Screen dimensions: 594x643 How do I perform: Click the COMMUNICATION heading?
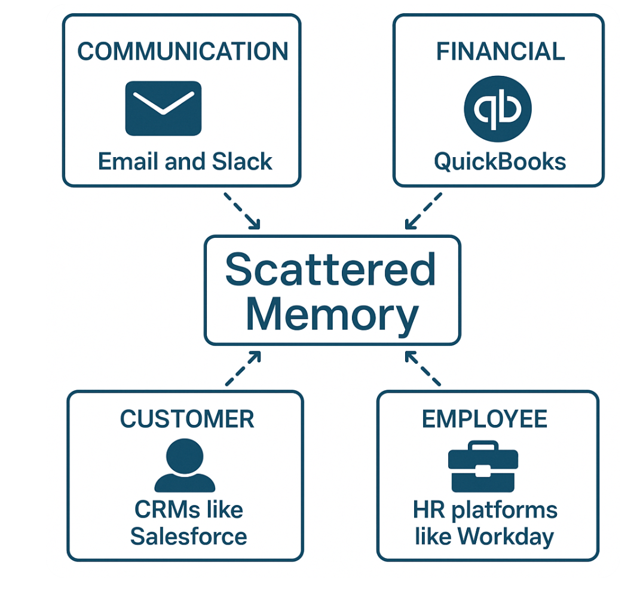(x=182, y=52)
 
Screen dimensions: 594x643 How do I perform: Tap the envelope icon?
(x=163, y=108)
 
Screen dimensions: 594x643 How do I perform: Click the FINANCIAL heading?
(x=500, y=52)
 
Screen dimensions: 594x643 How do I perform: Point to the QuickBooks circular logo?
(x=498, y=109)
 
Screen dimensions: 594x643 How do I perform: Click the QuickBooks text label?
(x=500, y=161)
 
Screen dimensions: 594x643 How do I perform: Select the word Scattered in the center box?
(x=330, y=269)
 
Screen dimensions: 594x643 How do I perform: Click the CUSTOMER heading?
(x=187, y=419)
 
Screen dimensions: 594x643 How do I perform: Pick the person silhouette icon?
(x=185, y=466)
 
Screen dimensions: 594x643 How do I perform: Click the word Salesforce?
(x=188, y=536)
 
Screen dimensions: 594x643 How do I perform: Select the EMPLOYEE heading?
(x=485, y=419)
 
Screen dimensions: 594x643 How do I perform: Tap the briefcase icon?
(x=483, y=466)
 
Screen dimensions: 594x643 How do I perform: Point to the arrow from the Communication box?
(x=242, y=210)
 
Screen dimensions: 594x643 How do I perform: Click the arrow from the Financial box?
(x=423, y=210)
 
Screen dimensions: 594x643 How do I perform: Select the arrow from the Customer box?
(x=243, y=369)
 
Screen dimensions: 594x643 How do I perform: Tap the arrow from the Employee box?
(x=422, y=369)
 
